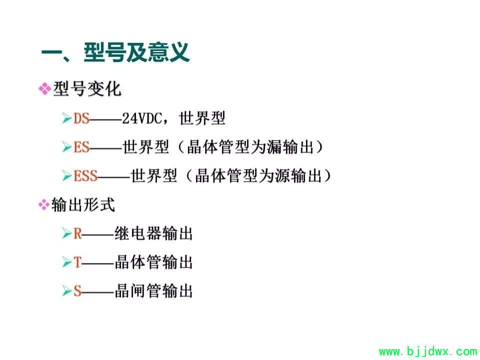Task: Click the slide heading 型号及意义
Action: (x=136, y=52)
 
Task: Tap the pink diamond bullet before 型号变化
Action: (x=44, y=89)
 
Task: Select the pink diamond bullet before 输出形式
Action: (x=44, y=204)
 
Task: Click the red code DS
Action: (x=81, y=118)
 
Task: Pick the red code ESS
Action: (x=85, y=175)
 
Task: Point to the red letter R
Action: (x=78, y=233)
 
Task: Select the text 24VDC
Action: (x=142, y=118)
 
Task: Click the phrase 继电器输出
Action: (x=153, y=233)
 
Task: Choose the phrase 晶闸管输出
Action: (x=153, y=291)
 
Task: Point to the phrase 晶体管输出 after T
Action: (x=153, y=262)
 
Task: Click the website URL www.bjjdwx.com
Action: (x=428, y=351)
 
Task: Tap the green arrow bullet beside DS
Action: (x=66, y=118)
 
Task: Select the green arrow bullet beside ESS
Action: (x=66, y=175)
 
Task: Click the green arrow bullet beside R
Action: (x=66, y=233)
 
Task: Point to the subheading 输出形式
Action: (x=83, y=205)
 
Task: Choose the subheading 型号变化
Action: (x=87, y=89)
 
